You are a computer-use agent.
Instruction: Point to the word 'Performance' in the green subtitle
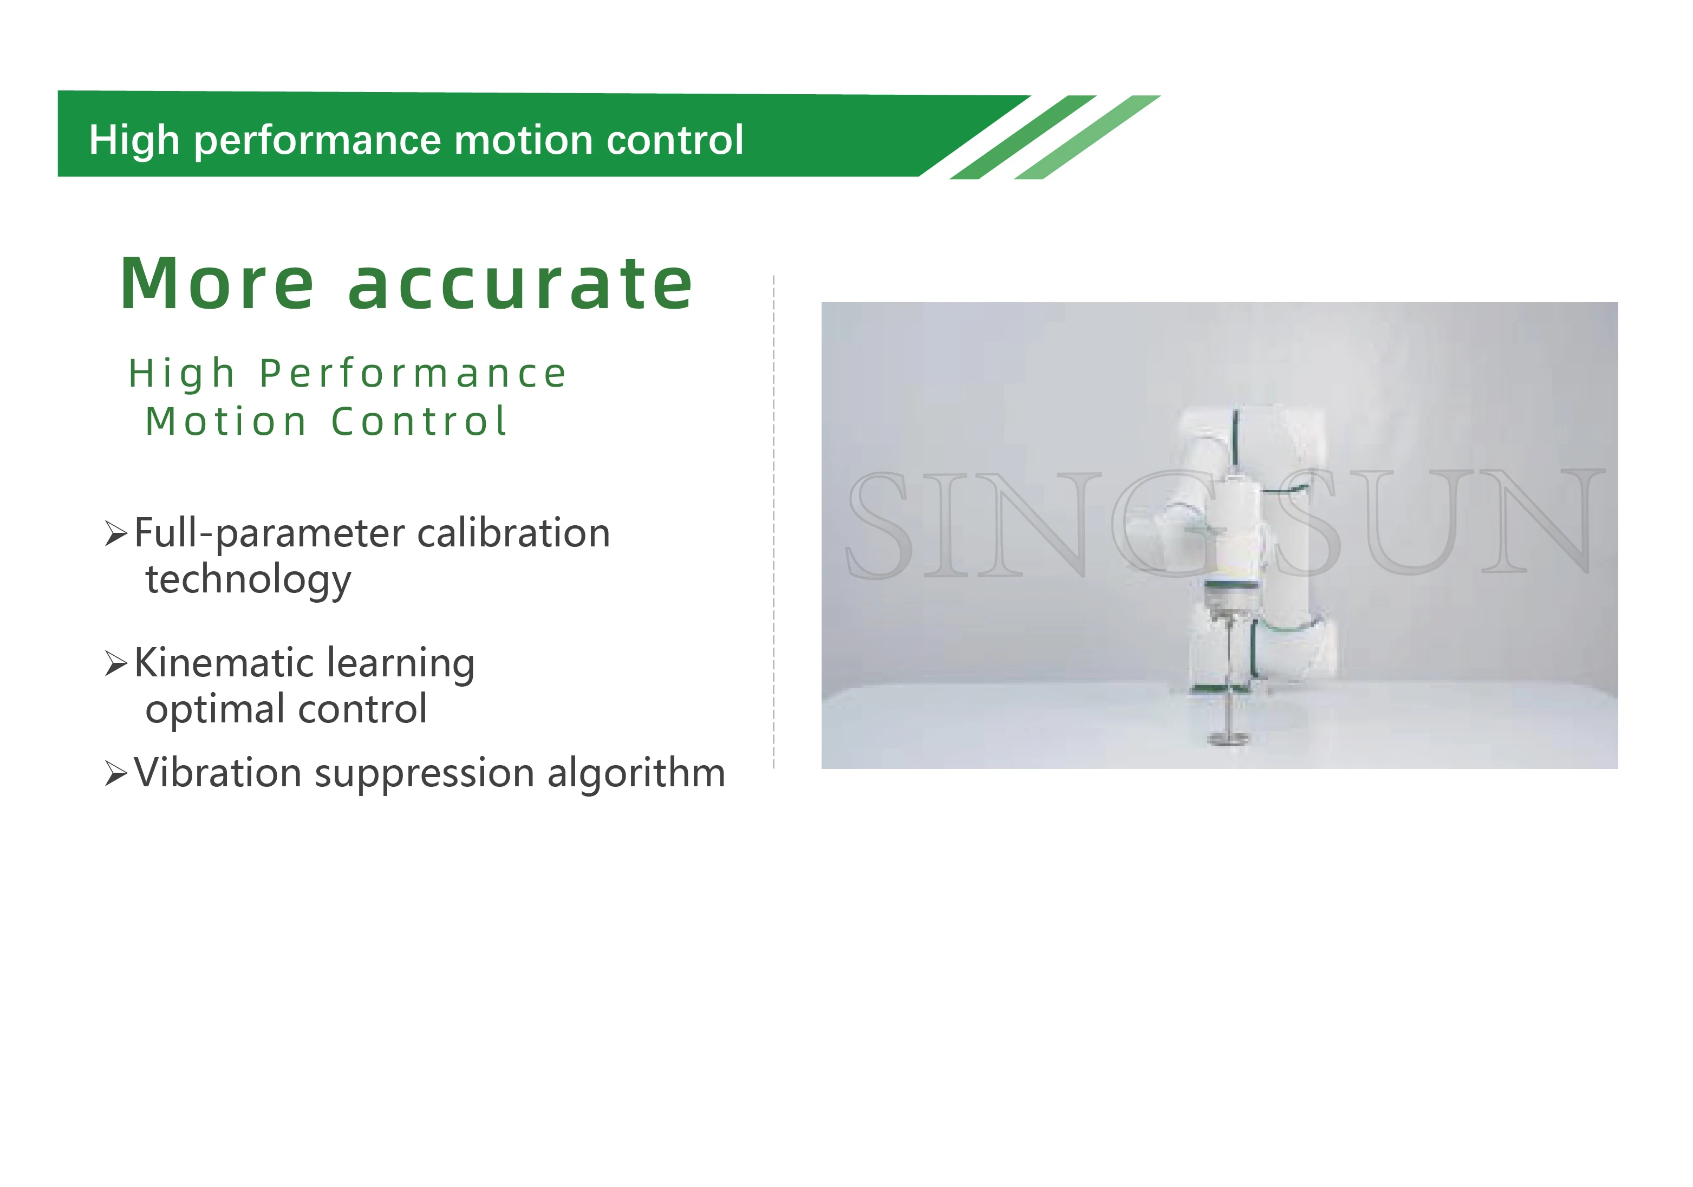[413, 373]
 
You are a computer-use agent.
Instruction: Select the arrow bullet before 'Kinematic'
[116, 663]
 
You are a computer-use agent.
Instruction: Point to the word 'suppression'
[425, 774]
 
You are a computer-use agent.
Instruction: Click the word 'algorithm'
[636, 774]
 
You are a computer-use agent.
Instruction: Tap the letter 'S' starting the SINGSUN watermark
[877, 525]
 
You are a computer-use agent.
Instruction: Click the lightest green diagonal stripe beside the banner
[1087, 137]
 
